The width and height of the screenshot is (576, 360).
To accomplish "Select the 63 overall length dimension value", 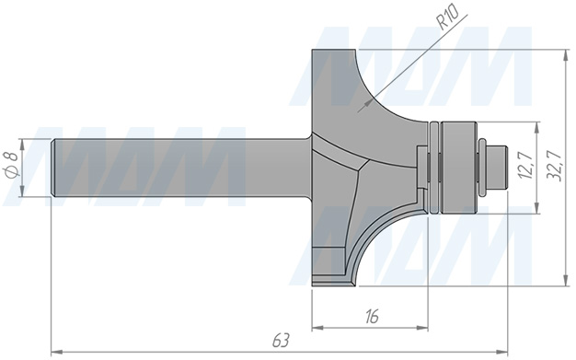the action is point(281,341).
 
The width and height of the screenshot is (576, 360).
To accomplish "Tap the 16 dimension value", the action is point(372,317).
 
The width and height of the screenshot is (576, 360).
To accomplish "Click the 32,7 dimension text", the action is point(554,166).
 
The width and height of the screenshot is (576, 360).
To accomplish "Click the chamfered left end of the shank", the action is point(53,168).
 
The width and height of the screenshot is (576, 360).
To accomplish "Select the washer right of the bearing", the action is point(481,168).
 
